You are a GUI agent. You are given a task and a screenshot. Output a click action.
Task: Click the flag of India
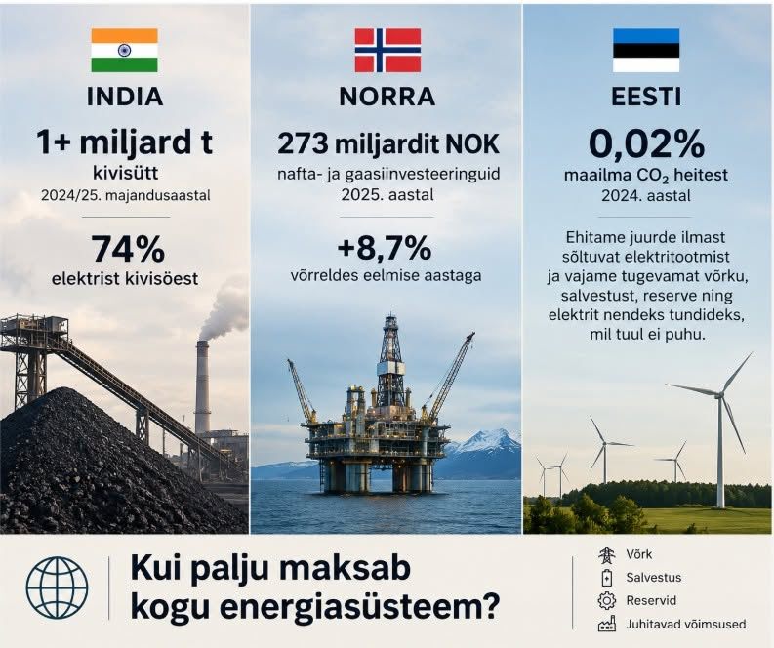[x=124, y=51]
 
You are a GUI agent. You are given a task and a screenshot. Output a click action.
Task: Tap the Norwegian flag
[x=388, y=51]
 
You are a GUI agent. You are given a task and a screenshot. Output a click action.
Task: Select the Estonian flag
[x=646, y=51]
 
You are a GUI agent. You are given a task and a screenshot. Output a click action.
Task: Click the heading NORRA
[x=387, y=97]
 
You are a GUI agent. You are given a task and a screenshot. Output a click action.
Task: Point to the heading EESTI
[x=646, y=97]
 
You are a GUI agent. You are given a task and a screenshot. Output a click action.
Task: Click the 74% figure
[x=128, y=249]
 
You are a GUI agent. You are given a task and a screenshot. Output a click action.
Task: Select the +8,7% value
[x=384, y=248]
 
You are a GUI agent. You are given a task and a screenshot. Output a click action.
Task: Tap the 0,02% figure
[x=646, y=144]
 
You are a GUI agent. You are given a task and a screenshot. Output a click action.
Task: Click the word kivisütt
[x=125, y=174]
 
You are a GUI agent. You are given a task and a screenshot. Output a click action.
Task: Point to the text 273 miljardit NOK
[x=388, y=144]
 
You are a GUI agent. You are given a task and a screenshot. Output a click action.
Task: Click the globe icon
[x=57, y=587]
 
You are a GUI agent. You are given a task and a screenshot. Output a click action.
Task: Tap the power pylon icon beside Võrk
[x=607, y=555]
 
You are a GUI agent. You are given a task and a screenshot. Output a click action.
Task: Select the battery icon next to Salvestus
[x=607, y=578]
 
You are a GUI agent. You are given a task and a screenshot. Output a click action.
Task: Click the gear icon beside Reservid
[x=607, y=600]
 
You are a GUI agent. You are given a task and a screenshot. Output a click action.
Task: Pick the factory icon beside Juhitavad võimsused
[x=607, y=624]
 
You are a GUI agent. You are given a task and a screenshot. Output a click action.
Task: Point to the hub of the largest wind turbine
[x=719, y=394]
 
